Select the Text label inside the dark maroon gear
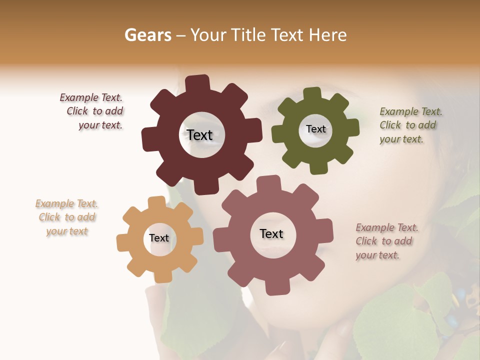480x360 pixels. click(x=199, y=135)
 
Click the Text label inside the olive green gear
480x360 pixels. click(x=315, y=129)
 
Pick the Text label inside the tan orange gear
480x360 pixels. click(x=159, y=238)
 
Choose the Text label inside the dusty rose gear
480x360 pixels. click(x=271, y=233)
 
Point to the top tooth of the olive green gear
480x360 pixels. click(x=312, y=94)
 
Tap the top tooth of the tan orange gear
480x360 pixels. click(x=156, y=202)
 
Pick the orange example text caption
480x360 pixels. click(x=67, y=217)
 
